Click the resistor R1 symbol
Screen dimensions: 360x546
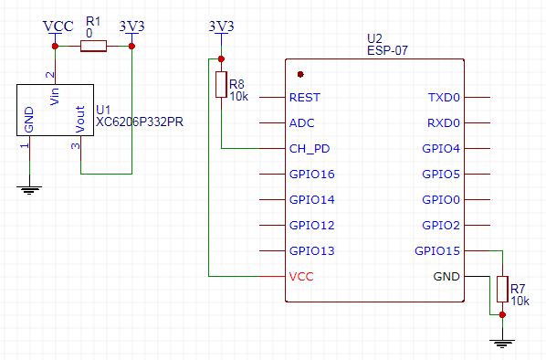click(93, 46)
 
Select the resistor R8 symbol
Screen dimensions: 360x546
click(220, 85)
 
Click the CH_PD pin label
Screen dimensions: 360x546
click(308, 148)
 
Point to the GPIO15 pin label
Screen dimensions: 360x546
click(437, 250)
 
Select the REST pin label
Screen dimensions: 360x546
click(304, 97)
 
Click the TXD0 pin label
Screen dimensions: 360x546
click(444, 97)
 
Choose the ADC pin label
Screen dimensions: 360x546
click(301, 122)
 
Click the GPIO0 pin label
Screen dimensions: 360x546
click(441, 199)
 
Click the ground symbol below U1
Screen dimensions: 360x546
click(29, 189)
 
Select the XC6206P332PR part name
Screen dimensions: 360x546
click(140, 121)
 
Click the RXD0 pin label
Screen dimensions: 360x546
click(444, 122)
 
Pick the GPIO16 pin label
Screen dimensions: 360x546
click(311, 174)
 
